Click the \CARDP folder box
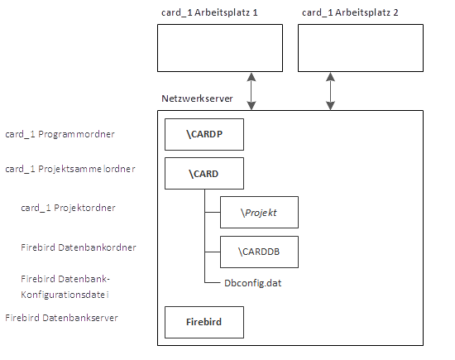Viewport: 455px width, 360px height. point(204,134)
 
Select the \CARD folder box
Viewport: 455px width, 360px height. point(204,174)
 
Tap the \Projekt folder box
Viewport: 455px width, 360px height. point(259,212)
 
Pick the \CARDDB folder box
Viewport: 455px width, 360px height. point(259,252)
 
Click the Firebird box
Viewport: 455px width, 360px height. point(204,322)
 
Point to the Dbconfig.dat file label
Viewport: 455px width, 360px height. point(253,283)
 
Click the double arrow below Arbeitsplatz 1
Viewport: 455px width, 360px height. point(251,91)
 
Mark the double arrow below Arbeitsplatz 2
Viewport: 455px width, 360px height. point(331,91)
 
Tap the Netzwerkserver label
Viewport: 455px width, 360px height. point(198,98)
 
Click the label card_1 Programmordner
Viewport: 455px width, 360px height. point(60,134)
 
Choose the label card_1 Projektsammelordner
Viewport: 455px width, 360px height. point(70,169)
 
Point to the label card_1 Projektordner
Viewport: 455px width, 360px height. point(68,208)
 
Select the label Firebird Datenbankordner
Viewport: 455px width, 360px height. point(79,247)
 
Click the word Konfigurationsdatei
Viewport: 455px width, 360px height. point(65,295)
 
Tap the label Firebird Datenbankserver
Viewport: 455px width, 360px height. point(61,318)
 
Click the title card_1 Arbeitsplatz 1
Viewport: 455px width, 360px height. point(209,12)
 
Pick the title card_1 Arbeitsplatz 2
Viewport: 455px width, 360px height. point(350,12)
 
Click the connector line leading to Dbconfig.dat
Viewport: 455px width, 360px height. point(213,282)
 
